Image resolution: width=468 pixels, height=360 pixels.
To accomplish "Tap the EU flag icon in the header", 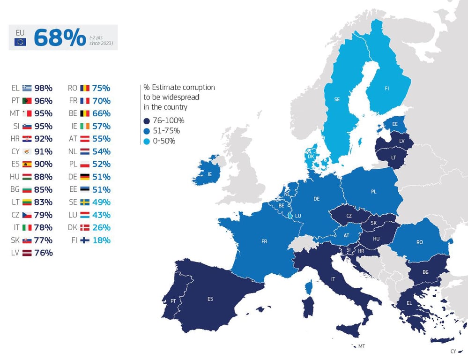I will tap(20, 42).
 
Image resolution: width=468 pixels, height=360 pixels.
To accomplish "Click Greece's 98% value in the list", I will tap(43, 88).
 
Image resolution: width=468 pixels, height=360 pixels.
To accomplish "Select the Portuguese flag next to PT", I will tap(26, 101).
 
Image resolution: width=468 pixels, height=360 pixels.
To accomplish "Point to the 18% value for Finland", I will tap(101, 240).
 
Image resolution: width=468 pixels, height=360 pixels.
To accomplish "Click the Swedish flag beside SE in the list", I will tap(85, 202).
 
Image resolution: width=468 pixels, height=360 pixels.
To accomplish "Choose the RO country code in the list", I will tap(72, 88).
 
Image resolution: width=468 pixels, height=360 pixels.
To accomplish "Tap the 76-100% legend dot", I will tap(147, 120).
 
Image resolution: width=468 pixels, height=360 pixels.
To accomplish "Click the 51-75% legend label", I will tap(166, 131).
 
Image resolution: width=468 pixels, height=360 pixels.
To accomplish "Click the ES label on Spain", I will tap(210, 298).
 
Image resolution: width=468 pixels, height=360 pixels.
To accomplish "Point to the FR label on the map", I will tap(264, 242).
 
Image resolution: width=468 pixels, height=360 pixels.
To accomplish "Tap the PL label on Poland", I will tap(373, 191).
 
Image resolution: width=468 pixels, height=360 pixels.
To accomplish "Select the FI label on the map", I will tap(387, 88).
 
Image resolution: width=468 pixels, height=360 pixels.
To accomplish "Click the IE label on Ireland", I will tap(209, 174).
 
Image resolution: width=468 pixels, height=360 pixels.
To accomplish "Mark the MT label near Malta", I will tap(361, 346).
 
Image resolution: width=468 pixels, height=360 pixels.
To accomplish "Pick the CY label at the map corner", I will tap(453, 351).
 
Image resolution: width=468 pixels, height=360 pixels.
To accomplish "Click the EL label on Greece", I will tap(409, 303).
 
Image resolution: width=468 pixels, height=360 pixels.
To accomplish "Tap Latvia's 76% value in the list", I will tap(43, 253).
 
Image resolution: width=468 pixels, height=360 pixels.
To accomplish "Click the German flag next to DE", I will tap(85, 177).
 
